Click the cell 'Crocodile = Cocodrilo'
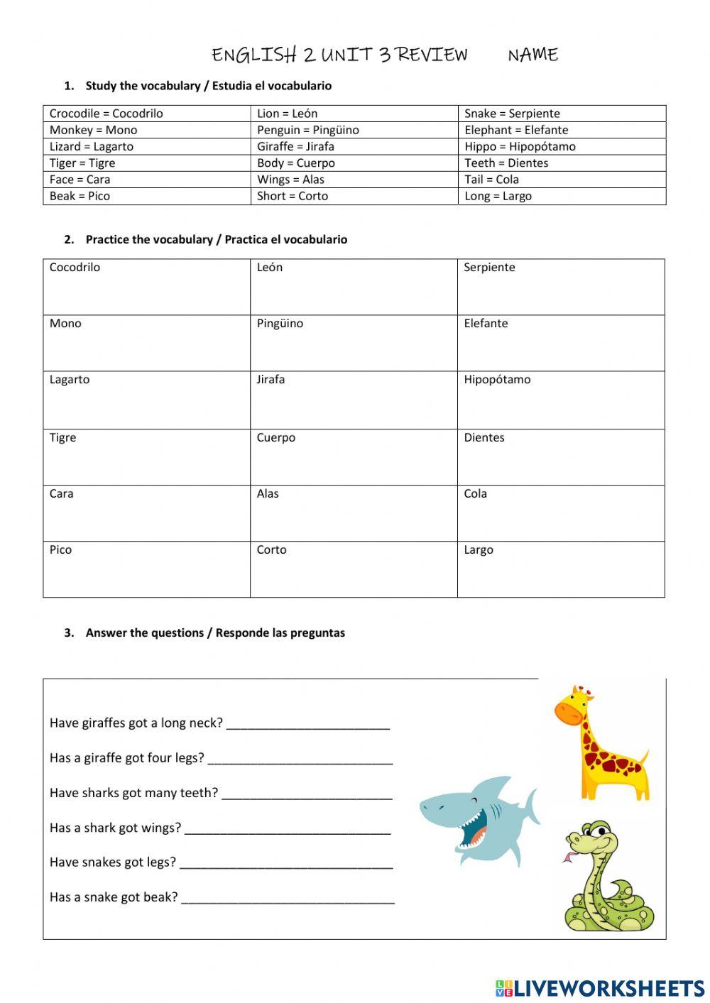106,114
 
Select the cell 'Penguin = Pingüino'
308,130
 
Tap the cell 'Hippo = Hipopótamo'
520,146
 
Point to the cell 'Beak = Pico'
80,196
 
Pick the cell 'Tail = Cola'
491,180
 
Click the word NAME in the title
532,55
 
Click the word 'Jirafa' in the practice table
271,380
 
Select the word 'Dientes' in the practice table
484,438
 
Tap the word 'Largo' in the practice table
479,550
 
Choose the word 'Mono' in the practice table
65,324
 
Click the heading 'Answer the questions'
214,632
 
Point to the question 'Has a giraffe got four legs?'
126,758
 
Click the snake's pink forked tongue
569,857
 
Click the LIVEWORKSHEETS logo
600,988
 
